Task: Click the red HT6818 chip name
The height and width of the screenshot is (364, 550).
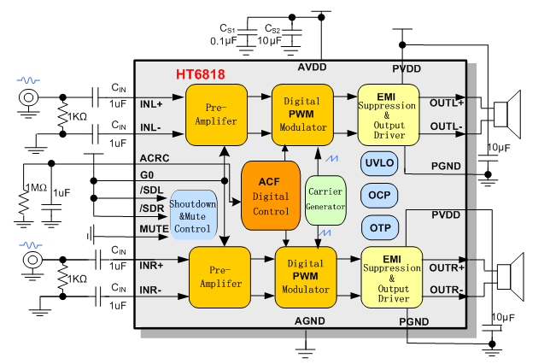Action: click(x=201, y=75)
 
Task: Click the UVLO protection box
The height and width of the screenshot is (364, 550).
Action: click(x=379, y=162)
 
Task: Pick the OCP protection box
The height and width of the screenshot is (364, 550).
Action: click(x=379, y=195)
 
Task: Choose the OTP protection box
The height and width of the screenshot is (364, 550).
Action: click(x=379, y=227)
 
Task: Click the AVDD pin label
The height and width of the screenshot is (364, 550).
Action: click(x=313, y=68)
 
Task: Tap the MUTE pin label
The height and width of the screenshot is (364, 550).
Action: click(x=154, y=230)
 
